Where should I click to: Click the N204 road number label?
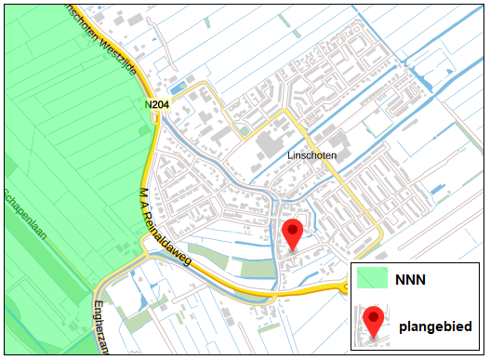[157, 106]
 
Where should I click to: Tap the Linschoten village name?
[311, 156]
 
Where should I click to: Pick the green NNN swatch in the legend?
[372, 277]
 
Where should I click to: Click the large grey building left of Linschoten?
[269, 147]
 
